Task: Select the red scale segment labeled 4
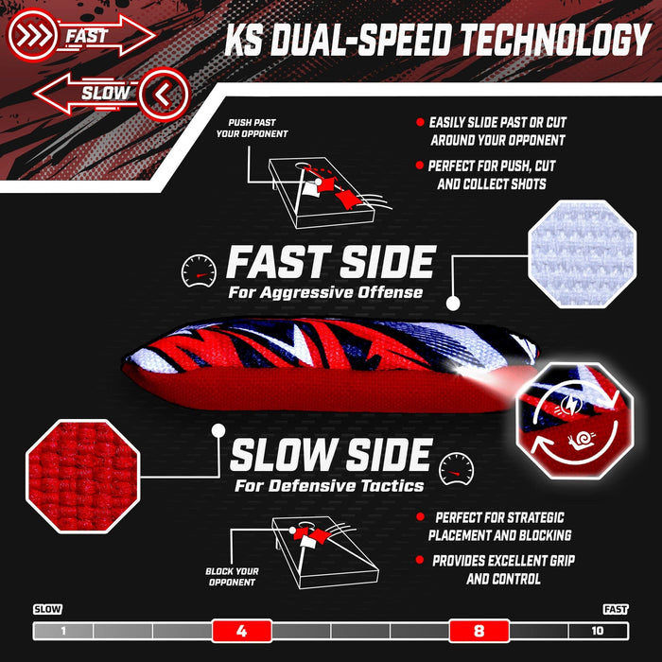(241, 631)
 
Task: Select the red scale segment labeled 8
(479, 631)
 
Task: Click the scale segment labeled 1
(62, 631)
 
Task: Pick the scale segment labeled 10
(598, 631)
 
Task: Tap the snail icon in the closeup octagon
(583, 438)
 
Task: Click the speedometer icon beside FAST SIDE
(199, 269)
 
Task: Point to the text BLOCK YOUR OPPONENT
(231, 577)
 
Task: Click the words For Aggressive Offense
(325, 292)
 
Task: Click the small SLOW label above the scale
(47, 609)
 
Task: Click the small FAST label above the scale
(615, 609)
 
